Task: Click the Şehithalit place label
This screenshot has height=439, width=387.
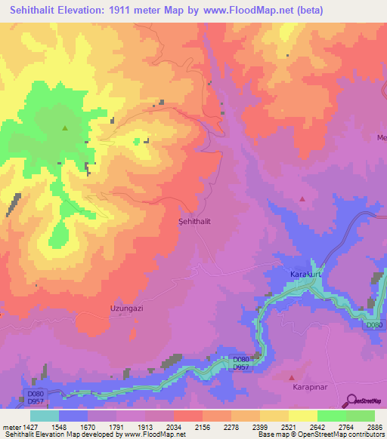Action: [193, 223]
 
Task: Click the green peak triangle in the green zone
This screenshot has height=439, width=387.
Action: [64, 128]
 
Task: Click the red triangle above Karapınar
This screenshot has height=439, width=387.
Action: [292, 376]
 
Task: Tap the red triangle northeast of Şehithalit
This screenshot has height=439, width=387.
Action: [302, 199]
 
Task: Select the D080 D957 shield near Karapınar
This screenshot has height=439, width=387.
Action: [241, 363]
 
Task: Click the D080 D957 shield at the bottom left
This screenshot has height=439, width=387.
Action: [36, 396]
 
